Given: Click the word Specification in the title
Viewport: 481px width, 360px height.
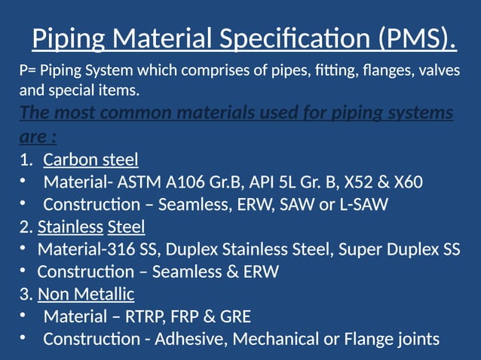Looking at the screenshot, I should coord(286,38).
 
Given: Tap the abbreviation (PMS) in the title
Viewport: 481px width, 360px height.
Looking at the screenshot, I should coord(412,38).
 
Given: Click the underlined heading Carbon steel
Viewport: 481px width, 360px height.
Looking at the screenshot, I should coord(90,160).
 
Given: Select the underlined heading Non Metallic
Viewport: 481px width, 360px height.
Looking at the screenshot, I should coord(86,294).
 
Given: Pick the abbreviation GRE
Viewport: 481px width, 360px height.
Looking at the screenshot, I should coord(233,316).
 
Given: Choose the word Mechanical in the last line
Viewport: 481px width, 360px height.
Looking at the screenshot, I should coord(276,339).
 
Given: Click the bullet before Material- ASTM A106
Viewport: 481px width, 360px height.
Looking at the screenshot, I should coord(23,182).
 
